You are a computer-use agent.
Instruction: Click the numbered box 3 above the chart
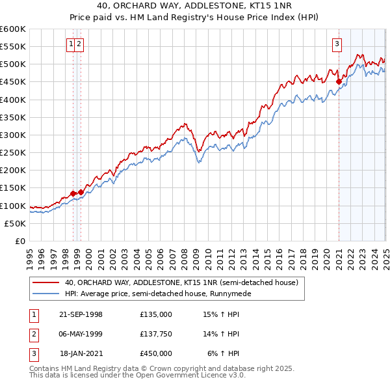coord(337,44)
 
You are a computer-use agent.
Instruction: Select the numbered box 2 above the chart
coord(79,44)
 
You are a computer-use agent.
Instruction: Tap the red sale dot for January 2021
coord(339,81)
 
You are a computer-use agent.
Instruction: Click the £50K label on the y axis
coord(16,223)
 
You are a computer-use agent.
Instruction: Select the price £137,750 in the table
coord(156,334)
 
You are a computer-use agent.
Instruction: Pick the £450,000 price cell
coord(156,353)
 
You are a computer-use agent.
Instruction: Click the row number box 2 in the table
coord(33,334)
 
